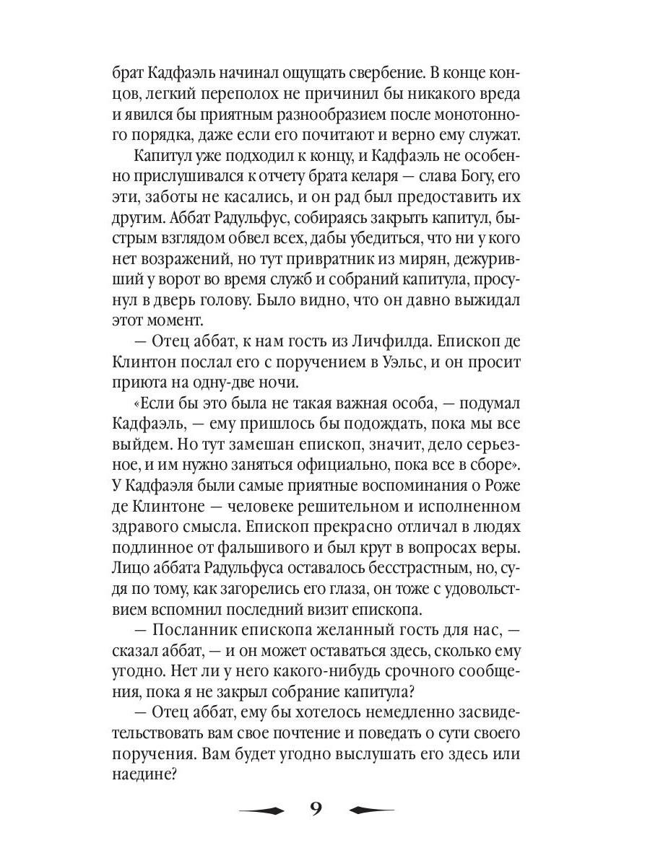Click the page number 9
pos(316,808)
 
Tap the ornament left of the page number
pos(261,809)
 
